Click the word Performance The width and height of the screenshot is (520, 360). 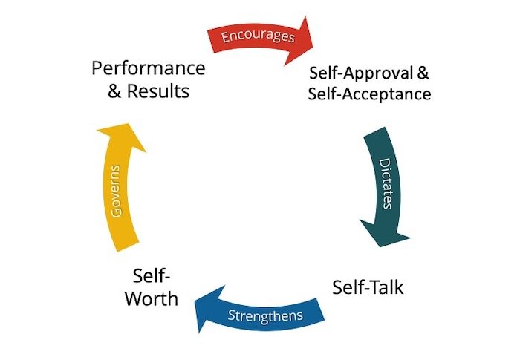point(148,69)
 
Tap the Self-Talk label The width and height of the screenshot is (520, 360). point(368,287)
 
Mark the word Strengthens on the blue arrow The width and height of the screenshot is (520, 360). point(265,315)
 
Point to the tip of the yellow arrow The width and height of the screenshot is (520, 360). point(123,125)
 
